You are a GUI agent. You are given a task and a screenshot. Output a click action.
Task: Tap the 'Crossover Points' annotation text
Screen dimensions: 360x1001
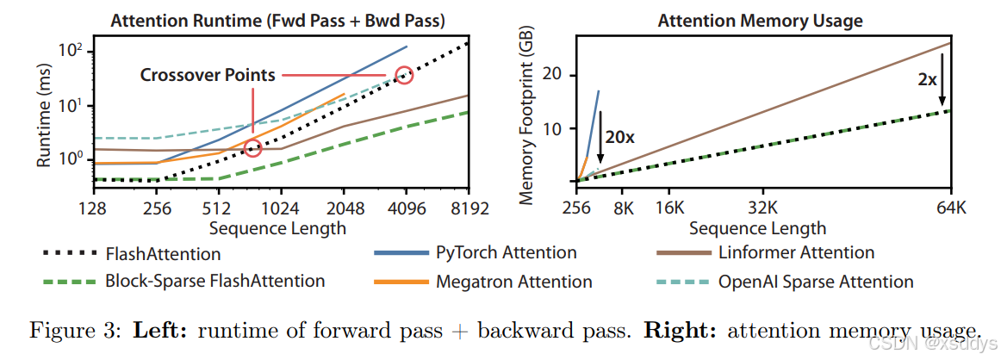[x=208, y=75]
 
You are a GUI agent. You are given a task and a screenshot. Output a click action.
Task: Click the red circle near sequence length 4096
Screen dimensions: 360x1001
[x=404, y=75]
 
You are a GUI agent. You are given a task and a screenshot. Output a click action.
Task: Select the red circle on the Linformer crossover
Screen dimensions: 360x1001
[x=252, y=148]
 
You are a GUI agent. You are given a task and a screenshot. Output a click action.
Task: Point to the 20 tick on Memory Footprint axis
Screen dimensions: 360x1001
[x=563, y=75]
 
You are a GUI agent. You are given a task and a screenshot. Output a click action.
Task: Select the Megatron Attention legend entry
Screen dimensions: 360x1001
[x=513, y=281]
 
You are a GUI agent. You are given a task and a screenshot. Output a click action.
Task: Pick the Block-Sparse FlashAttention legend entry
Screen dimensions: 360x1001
[x=214, y=281]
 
